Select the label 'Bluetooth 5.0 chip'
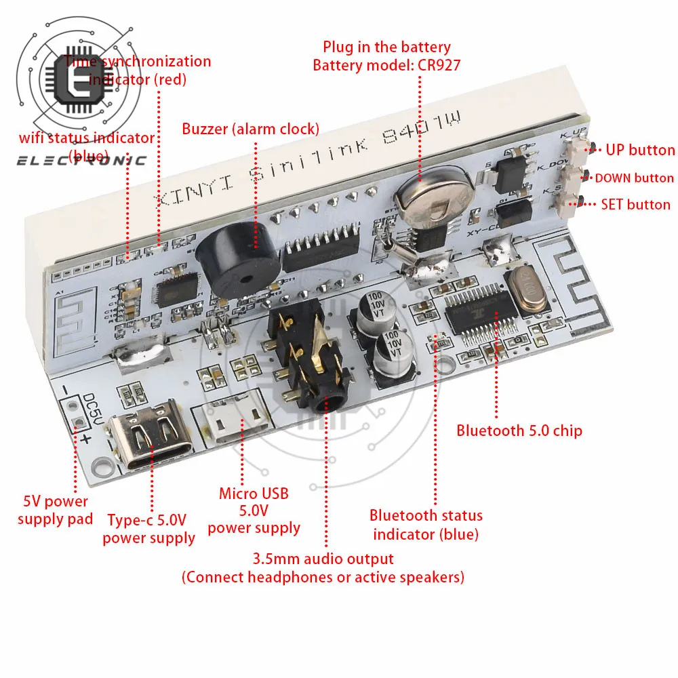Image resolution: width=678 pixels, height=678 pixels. [519, 430]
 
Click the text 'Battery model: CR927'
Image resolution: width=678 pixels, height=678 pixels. [386, 65]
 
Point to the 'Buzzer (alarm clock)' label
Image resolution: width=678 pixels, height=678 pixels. [250, 128]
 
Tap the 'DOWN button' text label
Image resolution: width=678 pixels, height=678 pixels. [634, 178]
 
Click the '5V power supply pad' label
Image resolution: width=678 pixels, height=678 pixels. [55, 511]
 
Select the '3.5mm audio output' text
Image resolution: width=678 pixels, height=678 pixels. [323, 559]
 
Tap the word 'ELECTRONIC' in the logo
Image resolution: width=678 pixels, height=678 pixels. [81, 161]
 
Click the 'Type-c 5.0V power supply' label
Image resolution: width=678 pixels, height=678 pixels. [148, 529]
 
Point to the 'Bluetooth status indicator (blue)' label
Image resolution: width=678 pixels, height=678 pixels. [426, 525]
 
